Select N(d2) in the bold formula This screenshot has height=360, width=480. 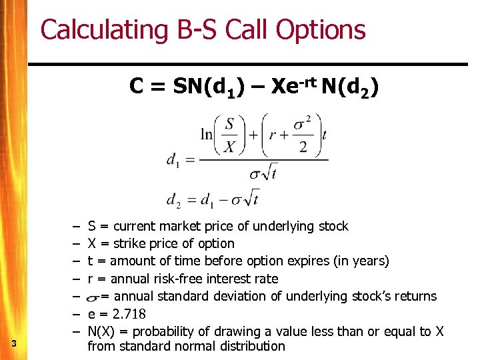click(x=350, y=87)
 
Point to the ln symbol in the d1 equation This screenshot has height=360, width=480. click(x=207, y=134)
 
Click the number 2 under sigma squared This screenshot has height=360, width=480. click(x=303, y=147)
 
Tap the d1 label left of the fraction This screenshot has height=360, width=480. click(x=173, y=160)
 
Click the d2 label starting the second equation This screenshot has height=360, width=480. click(x=173, y=199)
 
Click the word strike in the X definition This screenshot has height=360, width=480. click(x=131, y=243)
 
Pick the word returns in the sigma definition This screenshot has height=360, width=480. click(x=414, y=296)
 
